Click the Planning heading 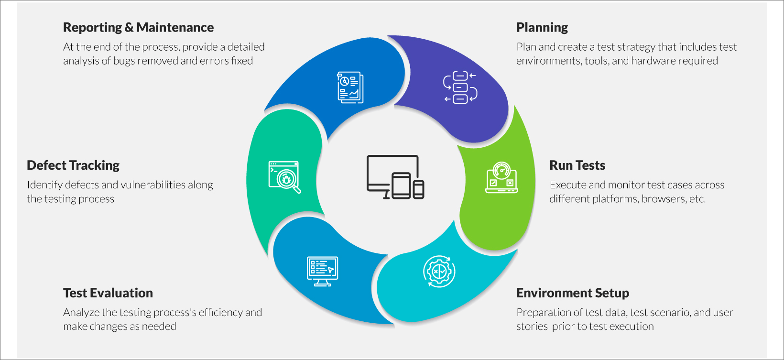542,28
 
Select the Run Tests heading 577,165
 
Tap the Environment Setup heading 572,293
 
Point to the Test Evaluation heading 108,293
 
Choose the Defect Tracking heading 73,165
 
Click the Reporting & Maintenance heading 138,28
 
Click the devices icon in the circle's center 395,177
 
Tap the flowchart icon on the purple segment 460,87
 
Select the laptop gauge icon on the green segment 501,177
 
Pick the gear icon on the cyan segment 439,272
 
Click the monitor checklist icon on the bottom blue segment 322,271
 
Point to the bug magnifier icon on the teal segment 285,177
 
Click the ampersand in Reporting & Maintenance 129,28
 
